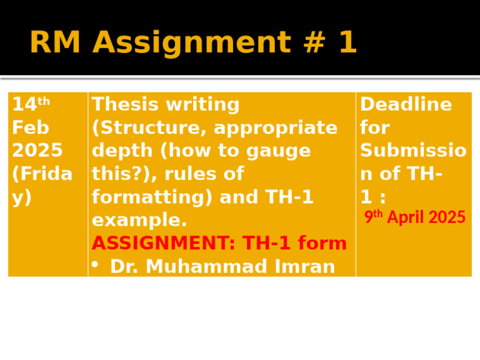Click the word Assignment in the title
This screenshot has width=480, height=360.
tap(191, 43)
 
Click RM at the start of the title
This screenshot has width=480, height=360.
tap(56, 43)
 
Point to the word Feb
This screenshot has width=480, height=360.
tap(31, 127)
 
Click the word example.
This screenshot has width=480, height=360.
tap(139, 220)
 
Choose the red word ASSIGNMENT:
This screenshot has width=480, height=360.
tap(167, 243)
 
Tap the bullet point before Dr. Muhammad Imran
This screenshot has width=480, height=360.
tap(96, 265)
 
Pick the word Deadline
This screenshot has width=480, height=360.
tap(406, 105)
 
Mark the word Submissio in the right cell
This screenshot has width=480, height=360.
tap(413, 151)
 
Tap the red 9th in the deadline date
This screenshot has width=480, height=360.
tap(374, 217)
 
